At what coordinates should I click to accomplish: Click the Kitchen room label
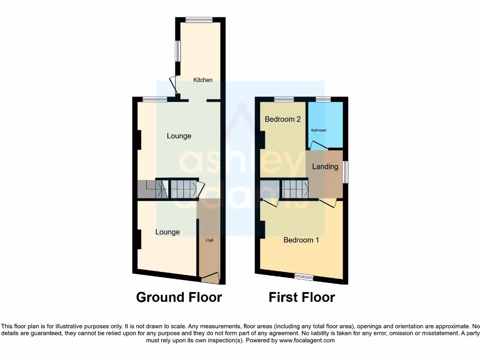(x=203, y=80)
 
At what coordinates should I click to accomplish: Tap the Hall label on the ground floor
(x=210, y=240)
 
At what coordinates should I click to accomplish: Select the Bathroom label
(x=318, y=130)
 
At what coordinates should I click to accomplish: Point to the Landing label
(x=325, y=166)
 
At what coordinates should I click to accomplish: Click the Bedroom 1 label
(x=301, y=240)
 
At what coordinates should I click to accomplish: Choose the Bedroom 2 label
(x=283, y=119)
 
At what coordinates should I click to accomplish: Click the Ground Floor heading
(x=179, y=297)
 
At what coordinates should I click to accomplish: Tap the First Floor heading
(x=302, y=297)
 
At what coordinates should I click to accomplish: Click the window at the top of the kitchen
(x=199, y=20)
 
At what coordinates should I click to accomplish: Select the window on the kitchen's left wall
(x=178, y=51)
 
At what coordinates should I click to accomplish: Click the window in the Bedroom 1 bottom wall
(x=304, y=277)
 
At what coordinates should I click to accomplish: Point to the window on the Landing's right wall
(x=345, y=172)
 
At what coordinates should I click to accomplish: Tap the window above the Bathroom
(x=323, y=99)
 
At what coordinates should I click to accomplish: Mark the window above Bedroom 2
(x=284, y=99)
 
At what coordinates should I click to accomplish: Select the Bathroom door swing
(x=319, y=146)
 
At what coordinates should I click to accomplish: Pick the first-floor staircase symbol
(x=295, y=190)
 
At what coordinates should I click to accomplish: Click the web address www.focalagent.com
(x=307, y=340)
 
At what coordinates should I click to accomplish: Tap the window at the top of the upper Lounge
(x=155, y=99)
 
